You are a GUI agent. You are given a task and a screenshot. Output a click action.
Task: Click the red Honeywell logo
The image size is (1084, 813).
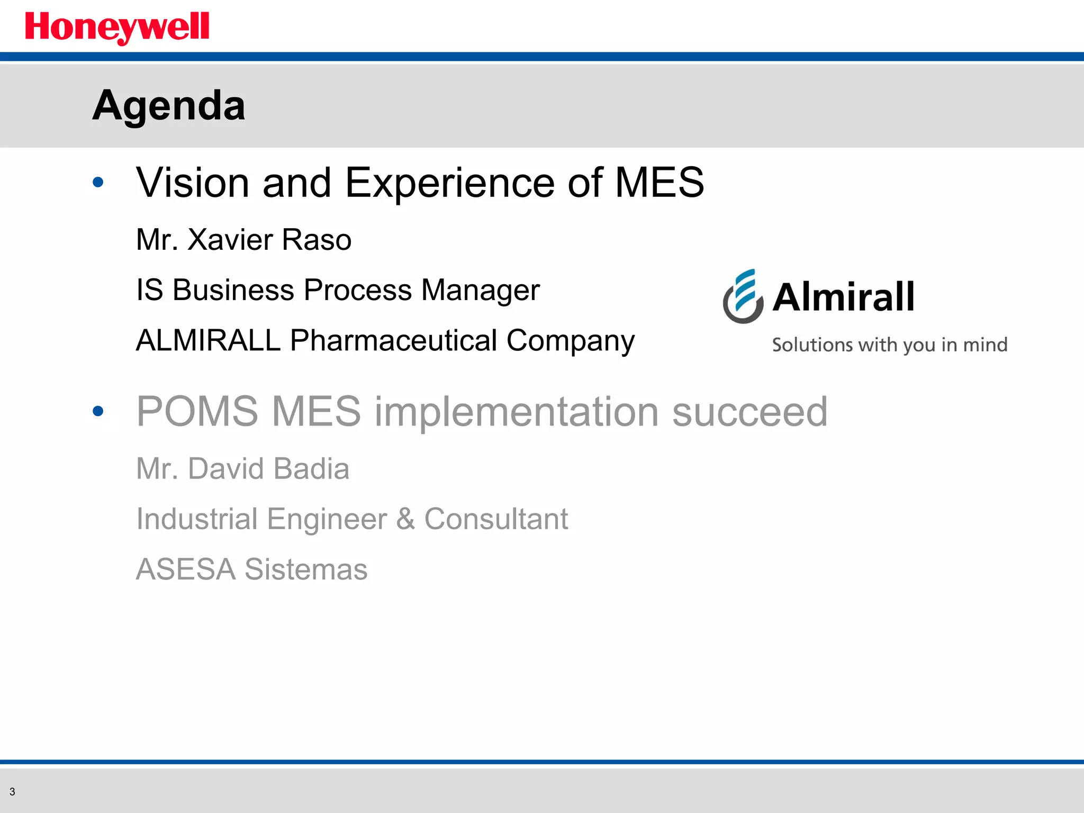coord(117,28)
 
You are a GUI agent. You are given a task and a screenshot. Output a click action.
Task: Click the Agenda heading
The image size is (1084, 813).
coord(169,105)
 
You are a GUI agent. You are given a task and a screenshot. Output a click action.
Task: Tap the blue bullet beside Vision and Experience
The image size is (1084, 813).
coord(98,183)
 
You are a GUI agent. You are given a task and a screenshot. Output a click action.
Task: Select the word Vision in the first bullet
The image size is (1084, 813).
coord(193,183)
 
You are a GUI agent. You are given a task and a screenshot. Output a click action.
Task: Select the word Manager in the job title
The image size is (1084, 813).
coord(481,291)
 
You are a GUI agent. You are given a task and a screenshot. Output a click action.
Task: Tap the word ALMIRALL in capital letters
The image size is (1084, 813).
coord(208,340)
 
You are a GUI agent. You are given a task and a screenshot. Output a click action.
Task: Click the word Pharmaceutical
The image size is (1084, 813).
coord(393,340)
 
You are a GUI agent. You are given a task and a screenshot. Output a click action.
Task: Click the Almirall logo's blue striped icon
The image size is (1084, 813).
coord(743,296)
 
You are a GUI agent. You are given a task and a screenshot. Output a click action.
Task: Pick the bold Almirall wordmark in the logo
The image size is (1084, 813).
coord(843,297)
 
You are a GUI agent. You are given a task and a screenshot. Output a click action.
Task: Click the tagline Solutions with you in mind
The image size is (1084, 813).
coord(889,345)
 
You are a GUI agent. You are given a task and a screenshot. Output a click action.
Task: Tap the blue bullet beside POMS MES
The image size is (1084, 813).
coord(98,411)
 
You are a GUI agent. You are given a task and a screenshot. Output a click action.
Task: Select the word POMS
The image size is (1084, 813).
coord(196,411)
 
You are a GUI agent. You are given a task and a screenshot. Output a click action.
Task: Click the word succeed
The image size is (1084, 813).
coord(749,412)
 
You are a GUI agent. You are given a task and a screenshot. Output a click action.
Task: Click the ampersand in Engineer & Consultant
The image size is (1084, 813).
coord(405,519)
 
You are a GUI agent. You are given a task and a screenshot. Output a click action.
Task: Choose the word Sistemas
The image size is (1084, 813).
coord(306,570)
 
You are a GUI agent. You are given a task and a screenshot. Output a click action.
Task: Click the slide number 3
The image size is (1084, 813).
coord(12,792)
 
